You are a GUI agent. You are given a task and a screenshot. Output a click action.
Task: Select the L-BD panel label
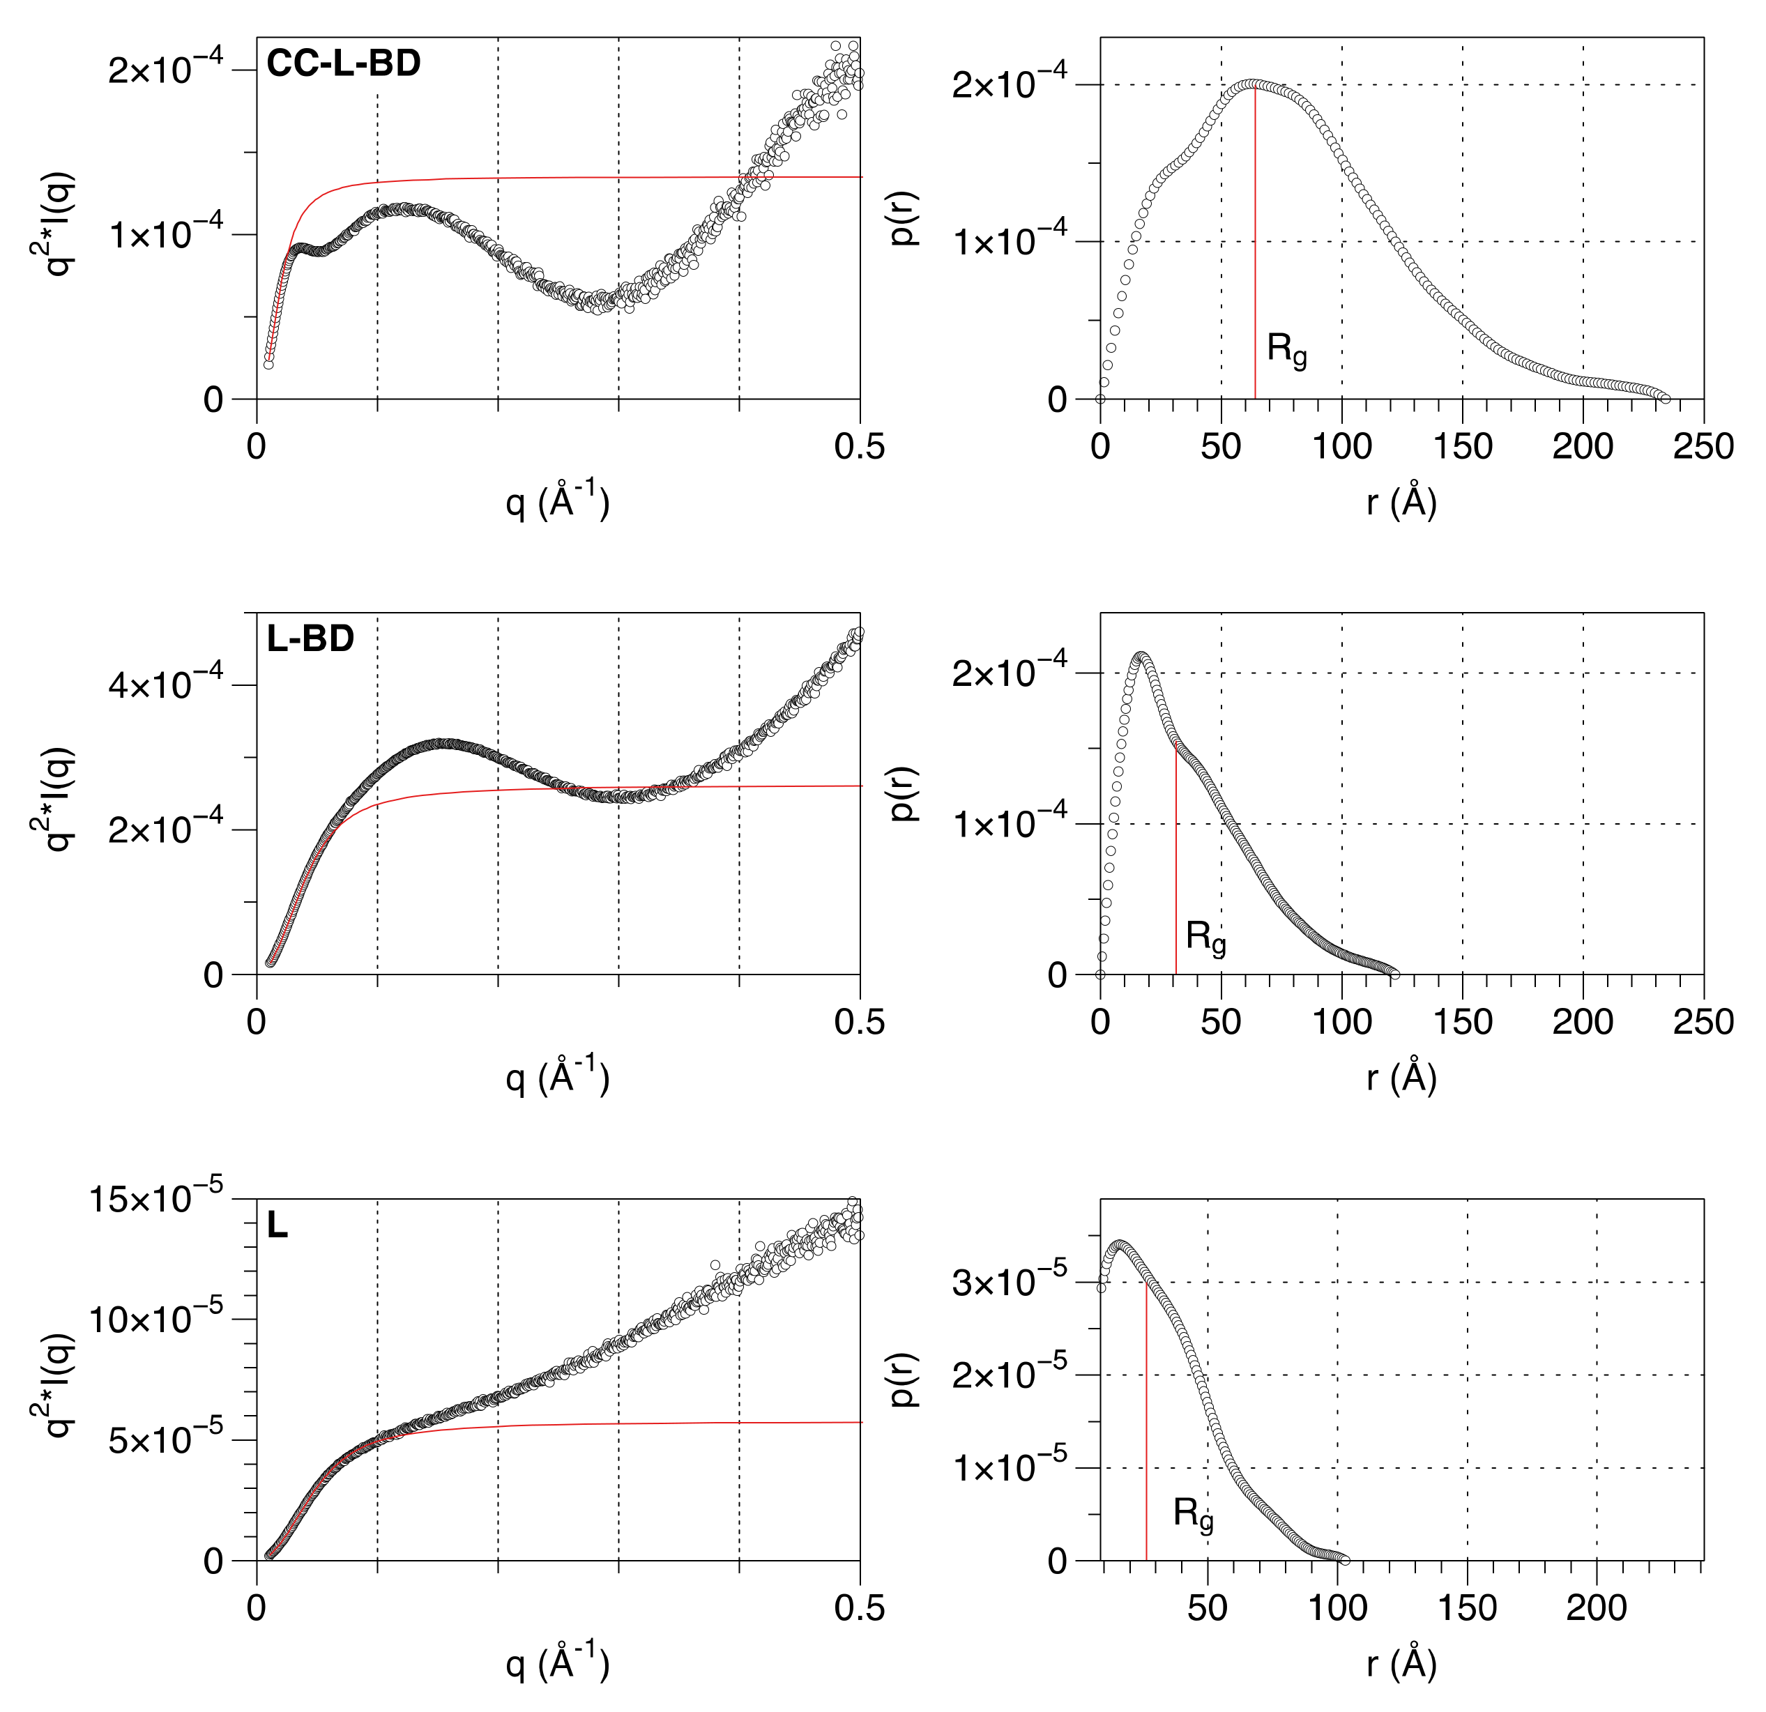coord(310,639)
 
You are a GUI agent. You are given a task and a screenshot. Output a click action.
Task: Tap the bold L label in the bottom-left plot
coord(277,1226)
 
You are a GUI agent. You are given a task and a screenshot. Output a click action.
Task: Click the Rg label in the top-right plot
coord(1286,350)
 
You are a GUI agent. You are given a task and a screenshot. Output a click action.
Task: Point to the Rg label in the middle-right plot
coord(1205,938)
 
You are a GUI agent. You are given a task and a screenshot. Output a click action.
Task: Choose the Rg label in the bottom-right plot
coord(1192,1515)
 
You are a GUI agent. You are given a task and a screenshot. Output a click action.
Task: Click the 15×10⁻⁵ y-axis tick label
coord(154,1200)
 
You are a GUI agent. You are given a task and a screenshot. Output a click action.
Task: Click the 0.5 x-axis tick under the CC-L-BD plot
coord(859,447)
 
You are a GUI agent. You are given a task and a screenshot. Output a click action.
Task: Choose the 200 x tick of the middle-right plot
coord(1582,1023)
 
